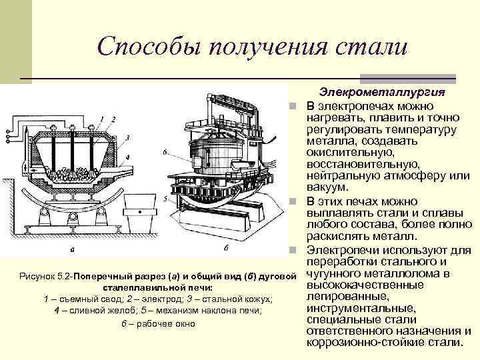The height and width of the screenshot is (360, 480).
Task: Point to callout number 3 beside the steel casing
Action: click(127, 137)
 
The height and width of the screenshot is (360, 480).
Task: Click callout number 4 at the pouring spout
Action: click(127, 159)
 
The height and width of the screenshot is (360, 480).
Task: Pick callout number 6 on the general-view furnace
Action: click(165, 152)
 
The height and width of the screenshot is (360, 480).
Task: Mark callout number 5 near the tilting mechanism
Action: click(165, 199)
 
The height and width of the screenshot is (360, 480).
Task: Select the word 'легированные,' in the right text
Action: click(340, 295)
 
